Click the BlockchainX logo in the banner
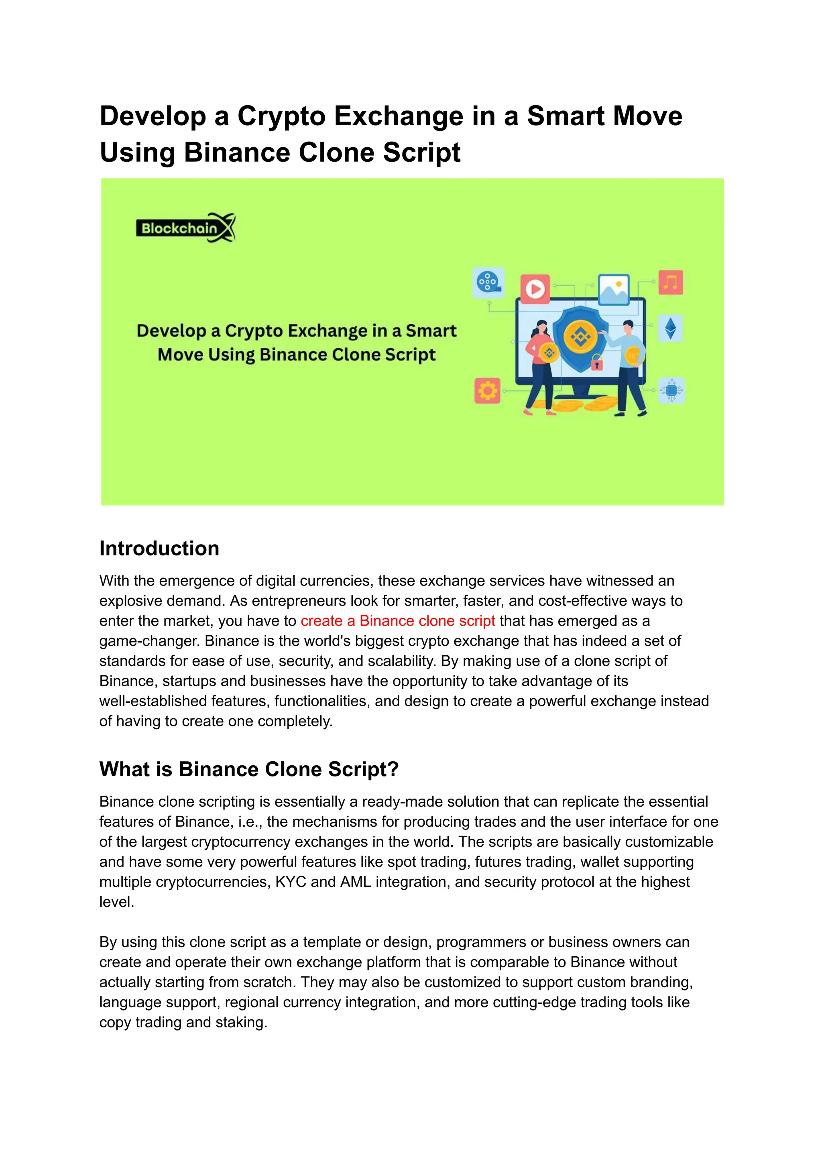[x=185, y=228]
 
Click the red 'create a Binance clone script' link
[x=397, y=620]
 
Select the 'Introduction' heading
[x=159, y=549]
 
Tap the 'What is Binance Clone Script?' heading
[x=248, y=769]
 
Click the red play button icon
[x=535, y=289]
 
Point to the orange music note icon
[x=671, y=282]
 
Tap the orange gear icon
[x=487, y=391]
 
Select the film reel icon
[x=488, y=281]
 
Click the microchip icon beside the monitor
[x=671, y=390]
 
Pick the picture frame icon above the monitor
[x=613, y=289]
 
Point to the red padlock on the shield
[x=597, y=362]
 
